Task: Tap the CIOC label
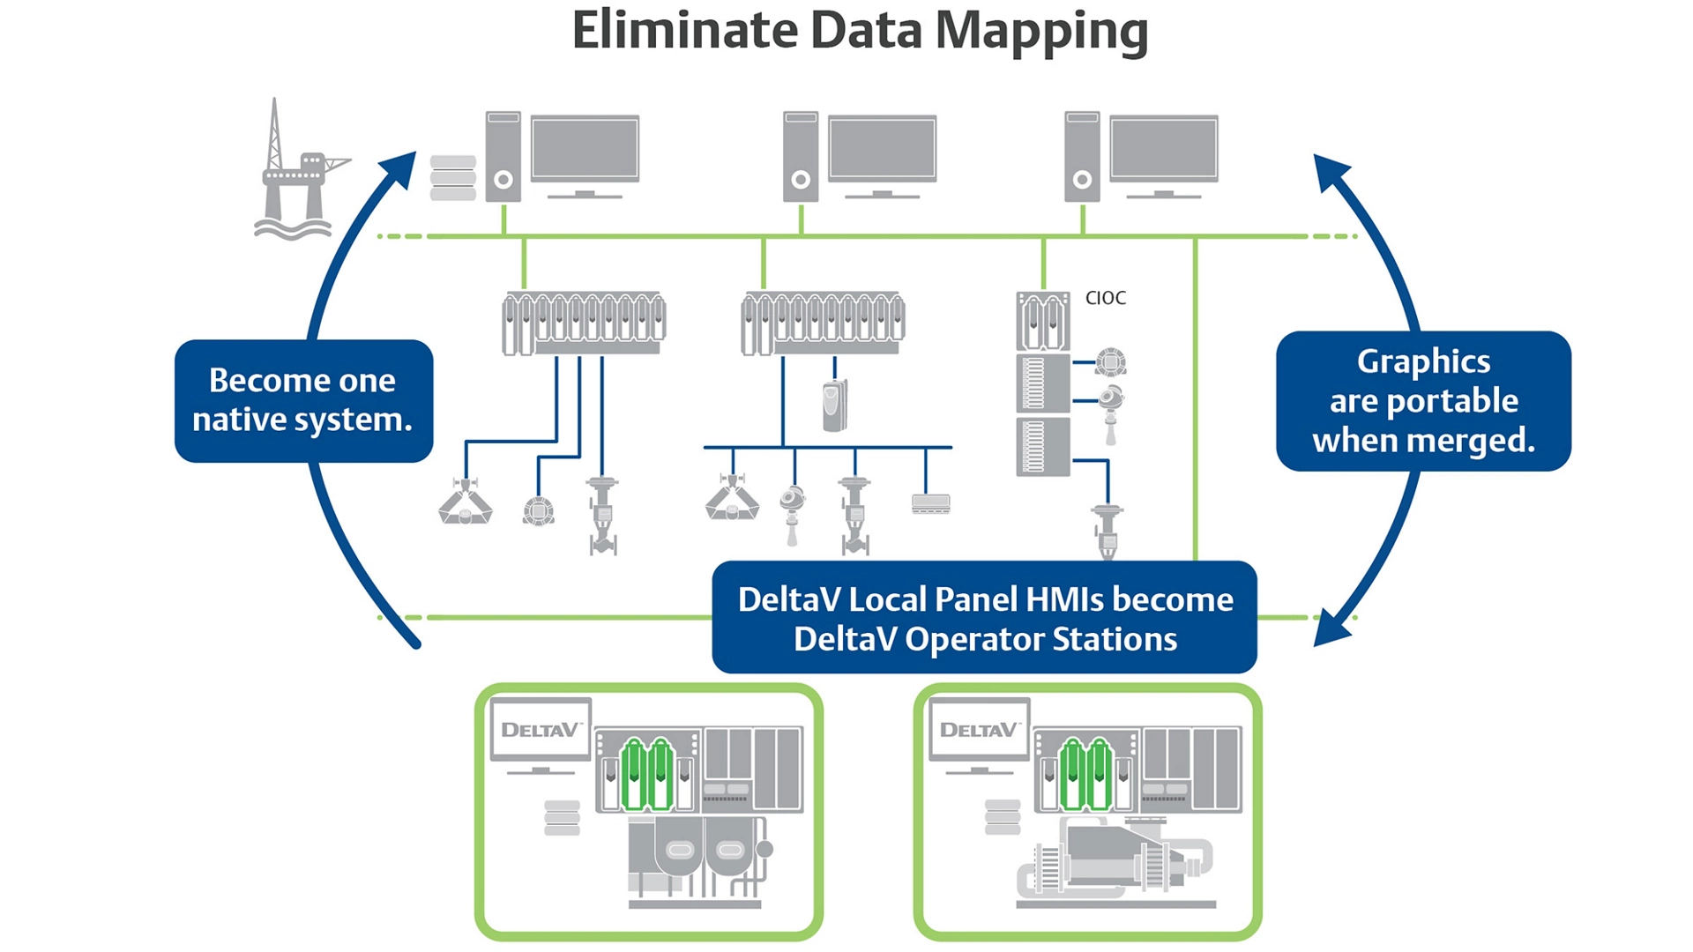click(1105, 298)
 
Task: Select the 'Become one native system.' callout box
click(303, 401)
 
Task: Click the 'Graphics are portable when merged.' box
click(1422, 401)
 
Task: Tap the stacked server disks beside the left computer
click(453, 177)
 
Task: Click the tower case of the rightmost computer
click(1082, 157)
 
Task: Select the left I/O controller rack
click(583, 324)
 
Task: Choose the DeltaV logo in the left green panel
click(540, 729)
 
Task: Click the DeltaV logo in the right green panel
click(978, 729)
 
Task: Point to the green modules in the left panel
click(647, 775)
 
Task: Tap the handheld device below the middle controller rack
click(834, 405)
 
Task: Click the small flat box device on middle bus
click(930, 503)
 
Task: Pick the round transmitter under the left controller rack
click(538, 511)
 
